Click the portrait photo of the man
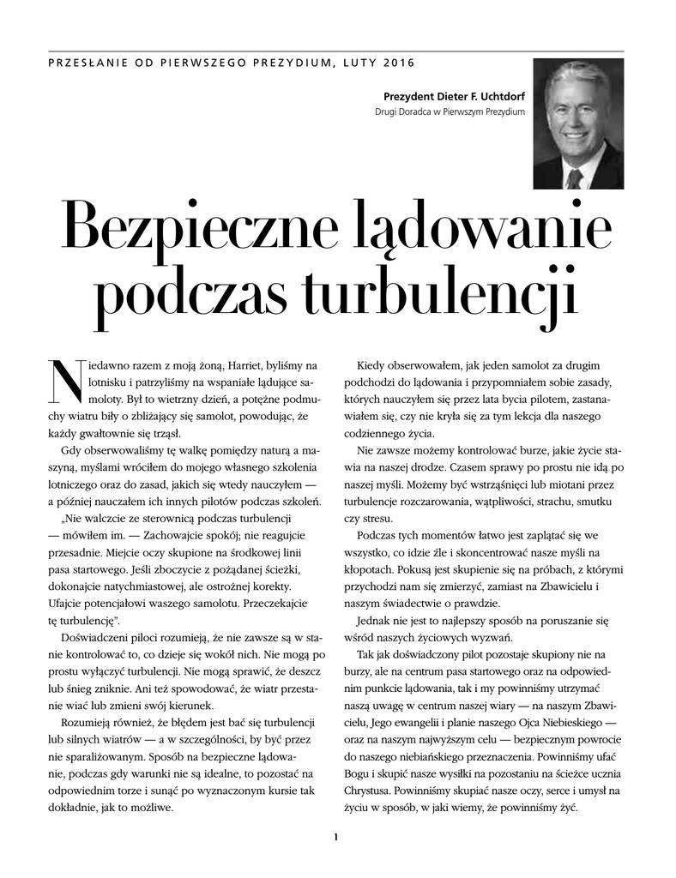577,123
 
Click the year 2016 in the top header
398,63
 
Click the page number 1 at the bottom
337,838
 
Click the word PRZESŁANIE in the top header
81,63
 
